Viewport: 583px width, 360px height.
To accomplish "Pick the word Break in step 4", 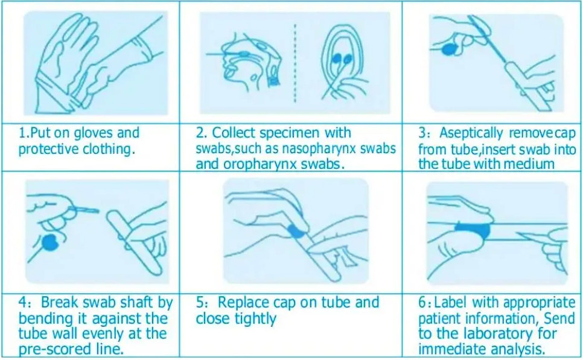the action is point(60,302).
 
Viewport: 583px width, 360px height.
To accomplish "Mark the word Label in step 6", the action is point(451,302).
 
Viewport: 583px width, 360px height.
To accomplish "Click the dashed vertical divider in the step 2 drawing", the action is point(295,63).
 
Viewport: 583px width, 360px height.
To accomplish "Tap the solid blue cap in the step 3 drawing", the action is point(449,49).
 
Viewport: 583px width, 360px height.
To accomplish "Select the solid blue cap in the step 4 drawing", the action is point(50,242).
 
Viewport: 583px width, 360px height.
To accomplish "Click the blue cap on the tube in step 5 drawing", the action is point(297,231).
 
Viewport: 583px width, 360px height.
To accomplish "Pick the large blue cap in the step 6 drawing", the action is point(473,230).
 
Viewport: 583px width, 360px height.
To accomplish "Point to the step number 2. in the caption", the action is point(201,133).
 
